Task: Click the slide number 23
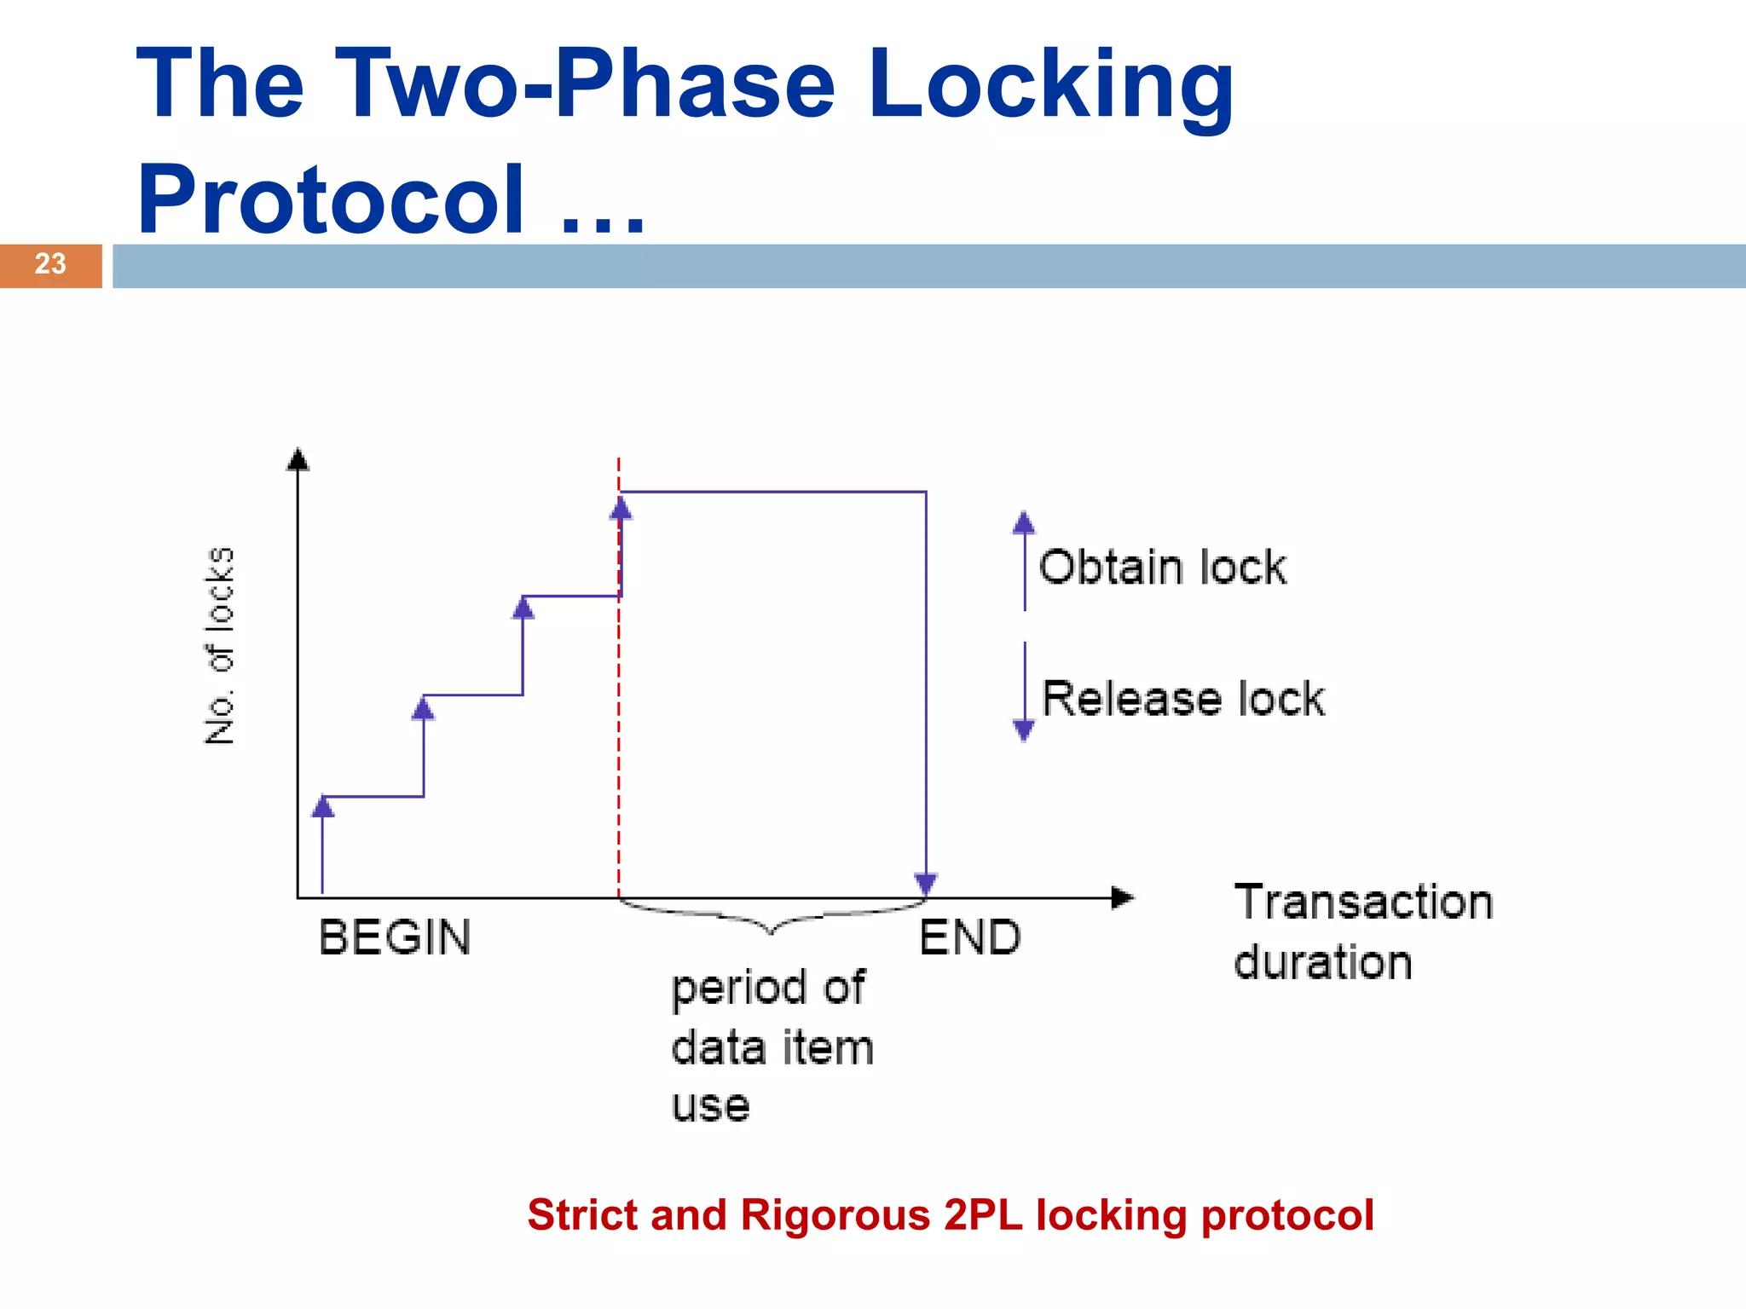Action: (x=50, y=264)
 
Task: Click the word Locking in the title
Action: (x=1050, y=85)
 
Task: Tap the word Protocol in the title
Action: (x=331, y=200)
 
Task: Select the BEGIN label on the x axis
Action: (x=395, y=938)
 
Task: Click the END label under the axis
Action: (x=970, y=938)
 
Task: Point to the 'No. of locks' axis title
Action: (x=220, y=645)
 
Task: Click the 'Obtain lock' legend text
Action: (x=1162, y=568)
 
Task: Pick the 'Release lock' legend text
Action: (x=1183, y=700)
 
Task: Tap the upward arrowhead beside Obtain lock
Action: (x=1024, y=522)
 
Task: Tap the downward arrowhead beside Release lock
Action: (x=1024, y=730)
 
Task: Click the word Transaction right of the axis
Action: (x=1363, y=902)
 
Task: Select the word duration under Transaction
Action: (x=1323, y=963)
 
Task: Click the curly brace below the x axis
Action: (x=772, y=920)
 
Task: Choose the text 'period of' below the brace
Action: (x=767, y=989)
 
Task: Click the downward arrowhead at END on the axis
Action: (x=926, y=885)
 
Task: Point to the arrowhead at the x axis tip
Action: (x=1124, y=897)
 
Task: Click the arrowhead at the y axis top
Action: (x=298, y=459)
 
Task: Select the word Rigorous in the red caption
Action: (x=835, y=1215)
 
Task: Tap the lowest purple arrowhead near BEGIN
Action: (x=322, y=806)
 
